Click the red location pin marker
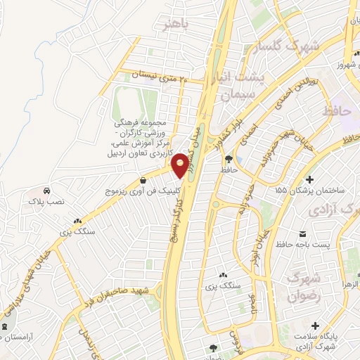pos(181,165)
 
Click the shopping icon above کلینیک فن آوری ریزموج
pos(143,179)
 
